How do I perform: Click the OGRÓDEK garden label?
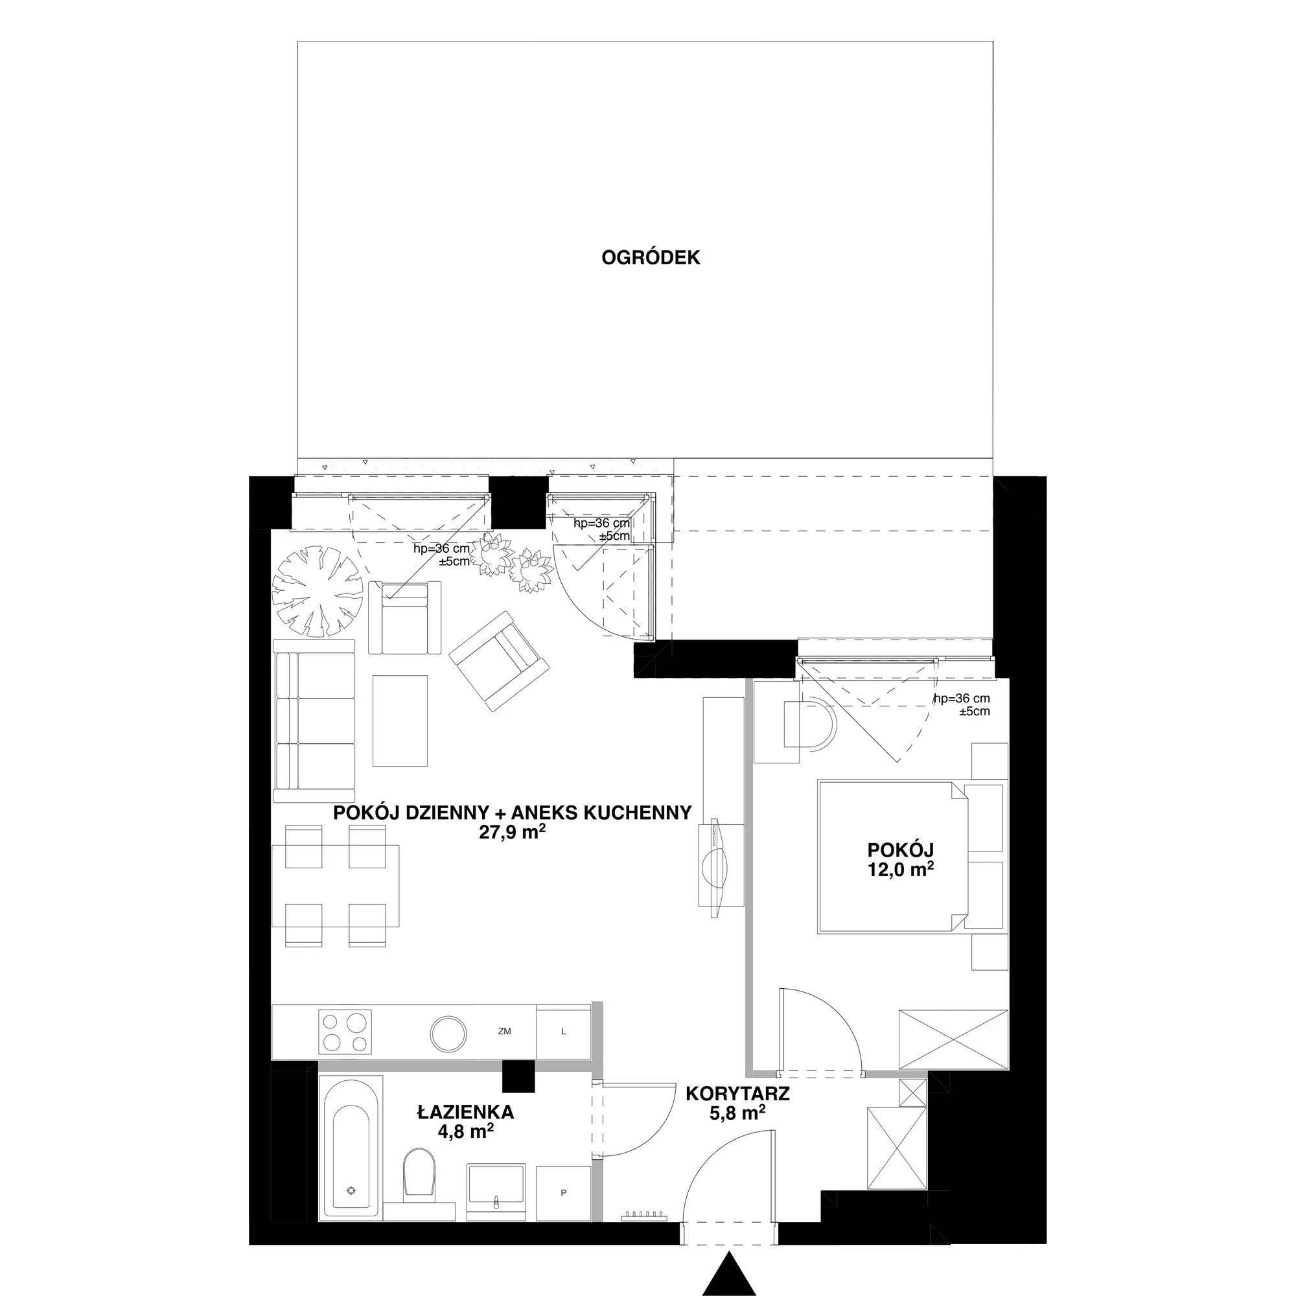650,258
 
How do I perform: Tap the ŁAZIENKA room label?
465,1111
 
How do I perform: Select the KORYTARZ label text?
737,1093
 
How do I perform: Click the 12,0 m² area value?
900,870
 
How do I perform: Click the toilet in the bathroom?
419,1179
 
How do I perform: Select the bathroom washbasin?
496,1190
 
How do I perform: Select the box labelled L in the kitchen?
564,1032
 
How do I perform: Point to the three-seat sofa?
315,721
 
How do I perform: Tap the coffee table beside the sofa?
400,721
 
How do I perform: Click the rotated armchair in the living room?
499,661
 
